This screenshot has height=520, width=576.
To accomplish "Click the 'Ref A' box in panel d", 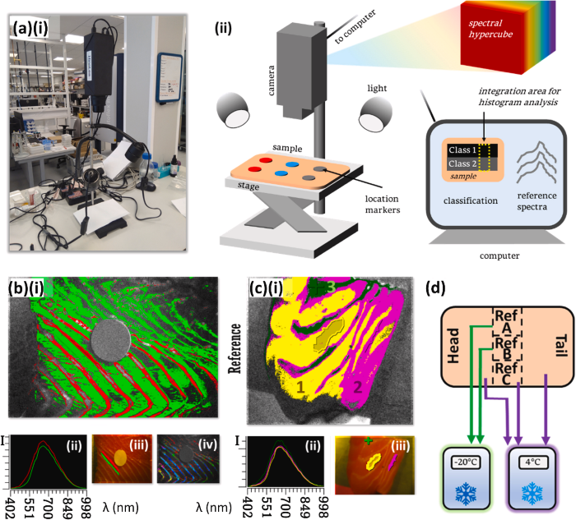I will (504, 324).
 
